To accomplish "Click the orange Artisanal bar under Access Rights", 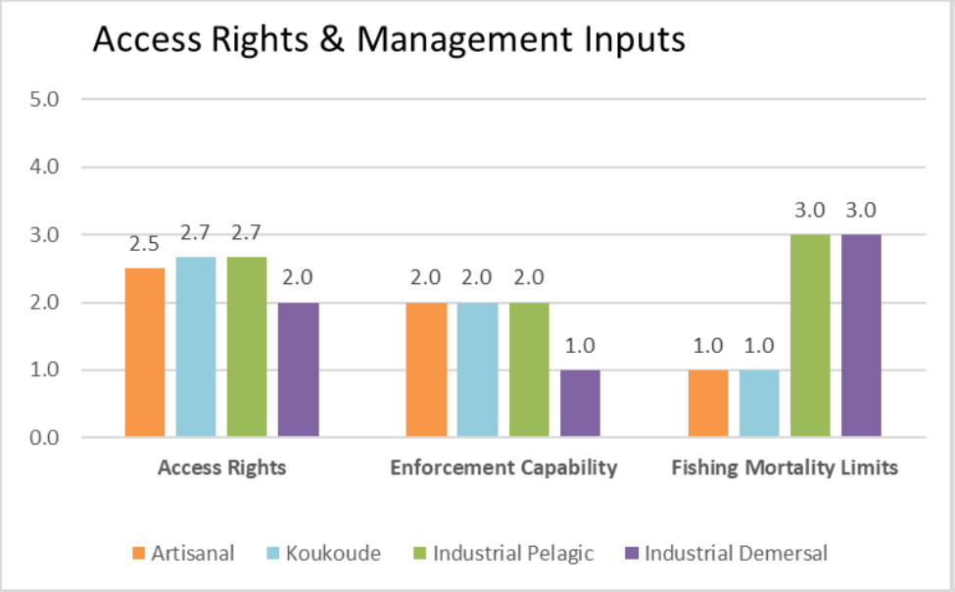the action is pyautogui.click(x=145, y=353).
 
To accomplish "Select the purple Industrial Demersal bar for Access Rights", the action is pyautogui.click(x=299, y=370).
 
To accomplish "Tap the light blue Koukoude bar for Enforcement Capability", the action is pyautogui.click(x=478, y=370).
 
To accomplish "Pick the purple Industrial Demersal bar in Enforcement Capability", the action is pyautogui.click(x=580, y=403).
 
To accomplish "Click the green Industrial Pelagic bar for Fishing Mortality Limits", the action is pyautogui.click(x=810, y=335).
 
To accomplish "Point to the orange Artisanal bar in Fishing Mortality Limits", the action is pyautogui.click(x=708, y=403).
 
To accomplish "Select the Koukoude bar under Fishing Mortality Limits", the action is pyautogui.click(x=759, y=403).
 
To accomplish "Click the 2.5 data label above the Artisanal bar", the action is pyautogui.click(x=144, y=244).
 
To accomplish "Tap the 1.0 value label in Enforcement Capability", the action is pyautogui.click(x=580, y=346).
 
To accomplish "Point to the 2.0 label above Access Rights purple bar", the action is pyautogui.click(x=297, y=278).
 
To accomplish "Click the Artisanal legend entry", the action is pyautogui.click(x=183, y=553).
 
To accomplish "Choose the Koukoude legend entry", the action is pyautogui.click(x=324, y=553).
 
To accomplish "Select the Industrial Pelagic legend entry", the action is pyautogui.click(x=503, y=553).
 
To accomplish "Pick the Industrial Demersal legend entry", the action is pyautogui.click(x=727, y=553).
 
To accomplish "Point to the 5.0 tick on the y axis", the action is pyautogui.click(x=44, y=99).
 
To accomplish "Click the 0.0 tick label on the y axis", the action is pyautogui.click(x=44, y=438).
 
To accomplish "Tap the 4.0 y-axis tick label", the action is pyautogui.click(x=44, y=167).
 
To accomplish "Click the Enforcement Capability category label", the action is pyautogui.click(x=503, y=468).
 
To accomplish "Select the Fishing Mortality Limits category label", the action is pyautogui.click(x=785, y=468).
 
